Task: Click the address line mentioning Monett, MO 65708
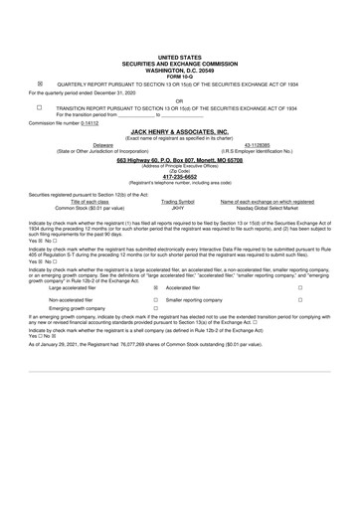pyautogui.click(x=179, y=159)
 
